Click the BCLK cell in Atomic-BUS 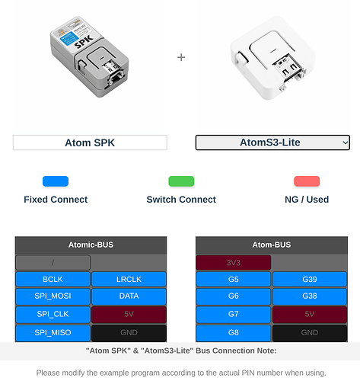(x=53, y=280)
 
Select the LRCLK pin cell (x=129, y=280)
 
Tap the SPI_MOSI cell (x=53, y=297)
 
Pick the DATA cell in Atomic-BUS (x=129, y=297)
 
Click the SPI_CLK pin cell (x=53, y=315)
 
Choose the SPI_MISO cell (x=53, y=332)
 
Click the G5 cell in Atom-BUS (x=233, y=280)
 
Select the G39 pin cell (x=309, y=280)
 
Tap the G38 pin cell (x=309, y=297)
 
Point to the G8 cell (x=233, y=332)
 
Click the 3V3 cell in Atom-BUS (x=233, y=262)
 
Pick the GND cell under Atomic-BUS (x=129, y=332)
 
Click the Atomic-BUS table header (x=91, y=245)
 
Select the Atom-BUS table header (x=271, y=245)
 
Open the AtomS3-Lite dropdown (x=272, y=142)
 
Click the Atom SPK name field (x=90, y=142)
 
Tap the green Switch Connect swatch (x=181, y=181)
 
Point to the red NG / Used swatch (x=307, y=181)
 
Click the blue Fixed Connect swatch (x=56, y=181)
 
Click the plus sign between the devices (x=181, y=57)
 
